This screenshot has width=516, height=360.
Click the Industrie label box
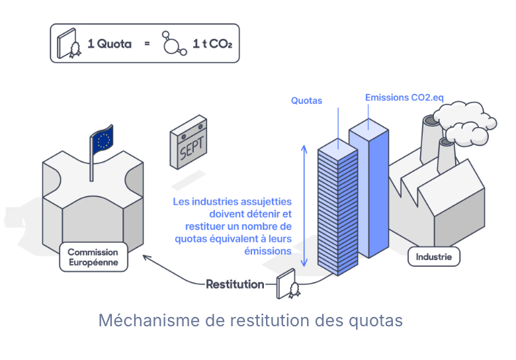tap(434, 256)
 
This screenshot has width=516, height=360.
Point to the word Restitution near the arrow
tap(235, 285)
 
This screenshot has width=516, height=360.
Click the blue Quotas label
tap(306, 101)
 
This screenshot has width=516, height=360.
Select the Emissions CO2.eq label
tap(404, 97)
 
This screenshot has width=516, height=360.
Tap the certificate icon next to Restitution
tap(289, 284)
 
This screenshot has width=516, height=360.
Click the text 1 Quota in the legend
tap(109, 44)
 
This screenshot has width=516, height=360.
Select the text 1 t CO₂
tap(212, 44)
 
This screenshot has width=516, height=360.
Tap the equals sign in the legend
tap(146, 44)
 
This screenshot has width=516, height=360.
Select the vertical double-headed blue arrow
tap(304, 205)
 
